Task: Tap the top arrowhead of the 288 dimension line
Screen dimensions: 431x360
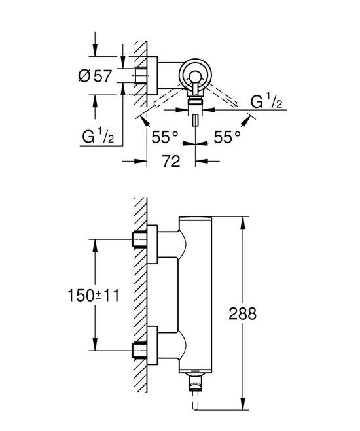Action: coord(244,220)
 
